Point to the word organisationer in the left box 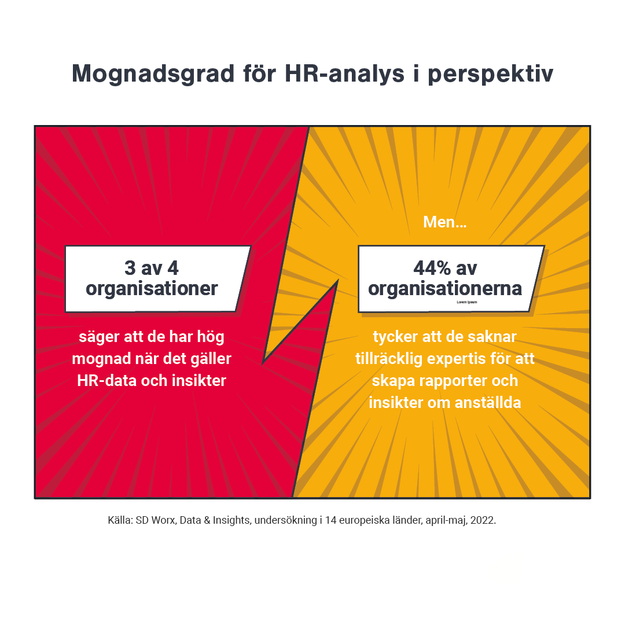coord(152,288)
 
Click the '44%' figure coord(433,268)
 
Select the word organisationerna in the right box coord(445,288)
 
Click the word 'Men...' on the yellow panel coord(444,222)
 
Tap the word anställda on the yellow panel coord(487,403)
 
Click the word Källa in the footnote coord(120,520)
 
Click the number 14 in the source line coord(331,520)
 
